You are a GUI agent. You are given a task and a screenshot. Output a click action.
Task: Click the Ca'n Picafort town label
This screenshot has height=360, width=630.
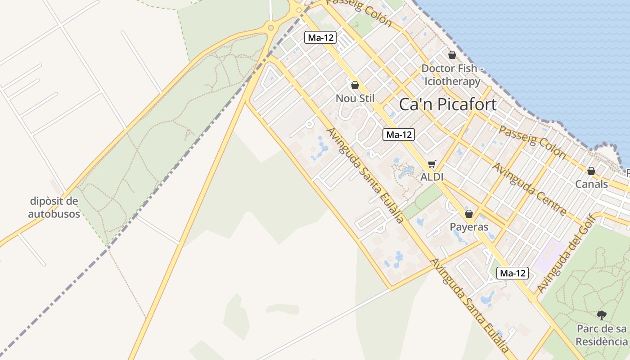coord(448,104)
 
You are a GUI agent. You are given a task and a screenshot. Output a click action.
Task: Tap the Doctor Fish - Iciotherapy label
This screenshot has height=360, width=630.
coord(452,75)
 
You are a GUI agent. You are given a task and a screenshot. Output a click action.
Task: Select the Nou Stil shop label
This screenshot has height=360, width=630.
coord(355,98)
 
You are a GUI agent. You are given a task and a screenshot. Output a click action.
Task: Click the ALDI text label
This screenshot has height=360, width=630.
coord(432,177)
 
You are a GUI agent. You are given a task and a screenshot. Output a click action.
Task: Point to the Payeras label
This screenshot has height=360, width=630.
coord(469,227)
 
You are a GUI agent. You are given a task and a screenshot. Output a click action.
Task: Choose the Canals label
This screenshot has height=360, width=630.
coord(591,184)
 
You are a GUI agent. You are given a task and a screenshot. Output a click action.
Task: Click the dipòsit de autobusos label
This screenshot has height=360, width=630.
coord(54,207)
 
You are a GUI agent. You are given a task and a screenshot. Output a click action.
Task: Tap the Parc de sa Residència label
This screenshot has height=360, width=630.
coord(602,335)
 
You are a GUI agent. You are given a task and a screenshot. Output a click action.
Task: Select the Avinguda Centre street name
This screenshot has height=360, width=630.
coord(529,189)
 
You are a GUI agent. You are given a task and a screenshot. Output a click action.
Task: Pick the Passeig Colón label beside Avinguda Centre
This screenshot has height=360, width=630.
coord(532,142)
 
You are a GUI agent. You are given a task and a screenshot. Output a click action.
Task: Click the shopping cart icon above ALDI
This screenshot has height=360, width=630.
coord(432,164)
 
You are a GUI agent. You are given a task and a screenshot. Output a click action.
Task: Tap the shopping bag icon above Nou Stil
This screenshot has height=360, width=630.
coord(355,85)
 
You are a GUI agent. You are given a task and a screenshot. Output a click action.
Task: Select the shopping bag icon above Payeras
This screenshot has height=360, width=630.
coord(469,214)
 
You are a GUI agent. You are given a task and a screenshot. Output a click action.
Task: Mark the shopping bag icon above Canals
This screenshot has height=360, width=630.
coord(591,171)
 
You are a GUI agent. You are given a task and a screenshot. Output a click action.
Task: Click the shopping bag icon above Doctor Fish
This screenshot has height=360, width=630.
coord(452,55)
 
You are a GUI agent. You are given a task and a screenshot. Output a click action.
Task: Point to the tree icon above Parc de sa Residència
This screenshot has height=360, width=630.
coord(602,315)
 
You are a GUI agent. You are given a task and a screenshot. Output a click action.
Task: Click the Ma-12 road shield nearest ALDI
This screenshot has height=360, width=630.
coord(398,135)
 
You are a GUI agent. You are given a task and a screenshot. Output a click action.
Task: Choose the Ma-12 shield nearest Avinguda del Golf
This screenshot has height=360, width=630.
coord(513,273)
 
